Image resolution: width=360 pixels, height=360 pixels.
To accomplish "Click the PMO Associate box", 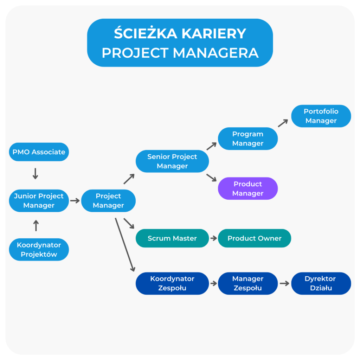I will (39, 152).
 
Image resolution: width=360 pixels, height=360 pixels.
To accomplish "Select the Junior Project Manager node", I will (39, 201).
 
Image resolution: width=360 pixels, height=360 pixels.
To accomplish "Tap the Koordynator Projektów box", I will (39, 250).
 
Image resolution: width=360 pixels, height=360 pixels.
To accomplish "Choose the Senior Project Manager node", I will (172, 161).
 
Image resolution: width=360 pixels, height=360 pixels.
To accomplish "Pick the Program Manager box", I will (248, 139).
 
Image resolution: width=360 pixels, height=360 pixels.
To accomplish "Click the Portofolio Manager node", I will (321, 116).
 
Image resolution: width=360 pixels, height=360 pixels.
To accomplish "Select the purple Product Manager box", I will (248, 188).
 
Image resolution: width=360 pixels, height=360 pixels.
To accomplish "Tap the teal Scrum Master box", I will (172, 238).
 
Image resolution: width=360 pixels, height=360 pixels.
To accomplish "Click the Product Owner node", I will (255, 238).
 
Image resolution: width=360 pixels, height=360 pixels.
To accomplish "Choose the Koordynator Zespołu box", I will (172, 283).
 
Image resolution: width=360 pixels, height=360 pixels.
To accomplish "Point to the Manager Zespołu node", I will (248, 283).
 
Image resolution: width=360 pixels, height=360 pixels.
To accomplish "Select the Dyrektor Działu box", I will (321, 283).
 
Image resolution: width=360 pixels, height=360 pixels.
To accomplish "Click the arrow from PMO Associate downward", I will (35, 173).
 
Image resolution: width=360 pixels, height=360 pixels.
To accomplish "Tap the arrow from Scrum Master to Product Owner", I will (213, 238).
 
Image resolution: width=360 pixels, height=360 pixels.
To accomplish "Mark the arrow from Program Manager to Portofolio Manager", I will (283, 123).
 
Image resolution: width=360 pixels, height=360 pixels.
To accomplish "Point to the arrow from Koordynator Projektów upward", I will (36, 225).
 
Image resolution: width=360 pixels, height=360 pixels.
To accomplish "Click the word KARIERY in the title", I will (214, 34).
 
